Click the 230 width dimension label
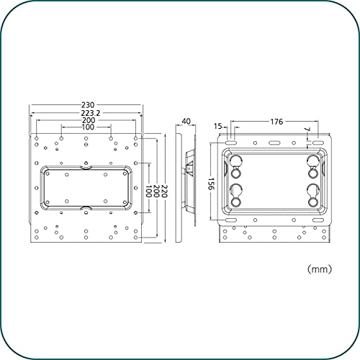coord(88,105)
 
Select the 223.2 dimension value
coord(91,113)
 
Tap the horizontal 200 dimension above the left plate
coord(89,120)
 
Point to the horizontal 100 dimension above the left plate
coord(88,127)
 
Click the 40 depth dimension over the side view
coord(186,121)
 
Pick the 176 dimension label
coord(276,122)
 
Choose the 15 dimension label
coord(218,126)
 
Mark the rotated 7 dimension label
coord(307,130)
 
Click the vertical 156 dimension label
coord(211,184)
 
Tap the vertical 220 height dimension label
coord(163,191)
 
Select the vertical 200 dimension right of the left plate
coord(156,191)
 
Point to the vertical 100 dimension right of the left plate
coord(149,191)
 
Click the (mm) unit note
coord(320,269)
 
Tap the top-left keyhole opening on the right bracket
coord(235,166)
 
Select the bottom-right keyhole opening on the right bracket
coord(313,195)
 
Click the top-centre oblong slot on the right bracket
coord(274,143)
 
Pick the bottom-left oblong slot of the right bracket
coord(231,220)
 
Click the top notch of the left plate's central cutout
coord(86,167)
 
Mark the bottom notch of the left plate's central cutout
coord(86,208)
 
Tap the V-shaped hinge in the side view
coord(190,169)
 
